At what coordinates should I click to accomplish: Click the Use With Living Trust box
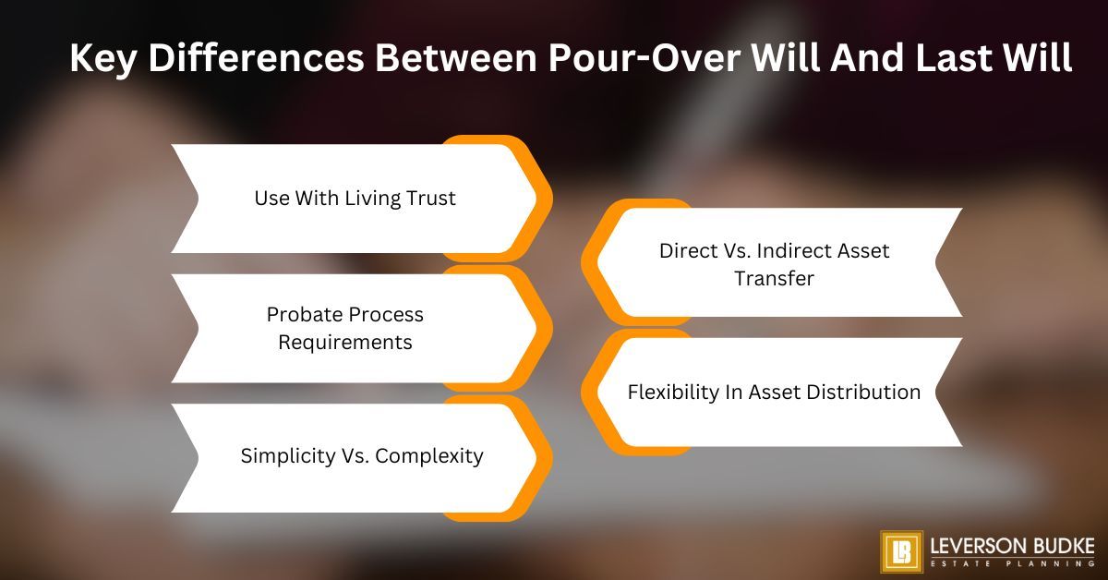coord(355,199)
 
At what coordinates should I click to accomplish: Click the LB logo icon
coord(900,552)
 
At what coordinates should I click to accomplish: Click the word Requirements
coord(345,342)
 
